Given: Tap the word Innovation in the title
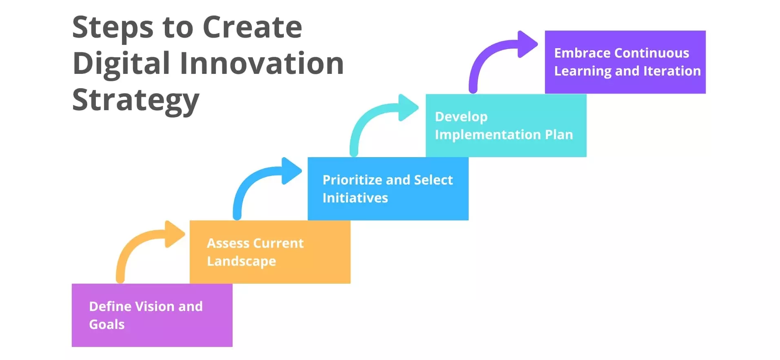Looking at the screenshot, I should coord(261,64).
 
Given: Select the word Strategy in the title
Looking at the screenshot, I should coord(136,100).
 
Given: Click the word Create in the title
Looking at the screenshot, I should coord(252,28).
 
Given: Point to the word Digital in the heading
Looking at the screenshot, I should coord(121,64).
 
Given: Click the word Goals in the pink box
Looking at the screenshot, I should coord(106,324).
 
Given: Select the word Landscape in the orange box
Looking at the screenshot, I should coord(242,261).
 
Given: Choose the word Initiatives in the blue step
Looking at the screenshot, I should coord(355,198).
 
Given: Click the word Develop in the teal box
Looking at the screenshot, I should coord(461,117).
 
